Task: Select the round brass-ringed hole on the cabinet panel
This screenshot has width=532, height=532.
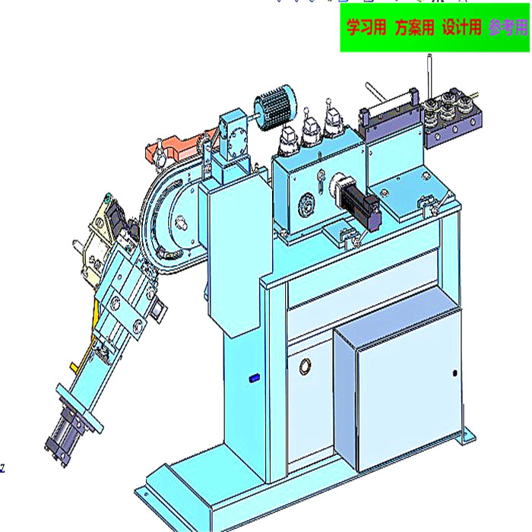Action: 306,367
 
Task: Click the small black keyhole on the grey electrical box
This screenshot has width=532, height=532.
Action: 454,373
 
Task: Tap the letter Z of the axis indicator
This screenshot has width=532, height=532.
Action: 3,469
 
